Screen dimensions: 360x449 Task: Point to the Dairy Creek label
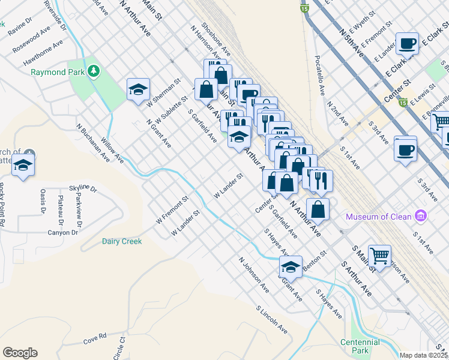(x=121, y=241)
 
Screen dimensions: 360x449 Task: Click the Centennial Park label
(x=360, y=346)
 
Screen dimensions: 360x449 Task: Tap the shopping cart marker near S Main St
(x=379, y=256)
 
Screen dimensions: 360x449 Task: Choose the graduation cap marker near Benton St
(x=291, y=267)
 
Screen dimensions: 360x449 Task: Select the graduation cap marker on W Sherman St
(x=138, y=90)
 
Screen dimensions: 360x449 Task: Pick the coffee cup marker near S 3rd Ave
(x=405, y=148)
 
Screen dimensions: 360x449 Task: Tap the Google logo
(x=20, y=353)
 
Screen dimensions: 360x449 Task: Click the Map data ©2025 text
(x=423, y=355)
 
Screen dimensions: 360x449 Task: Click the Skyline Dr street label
(x=83, y=188)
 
